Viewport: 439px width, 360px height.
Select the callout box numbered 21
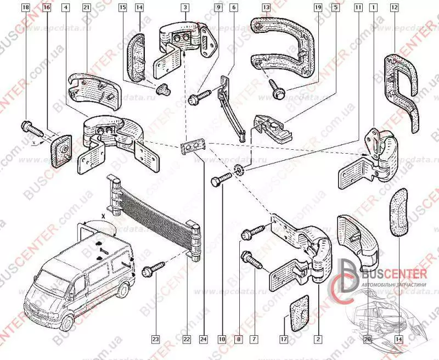(x=86, y=8)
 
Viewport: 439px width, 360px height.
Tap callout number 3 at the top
(x=187, y=8)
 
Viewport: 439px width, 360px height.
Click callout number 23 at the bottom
(x=155, y=340)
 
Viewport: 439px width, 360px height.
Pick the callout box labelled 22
(x=187, y=340)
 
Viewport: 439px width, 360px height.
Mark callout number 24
(x=205, y=340)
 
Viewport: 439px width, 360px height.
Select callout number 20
(x=368, y=340)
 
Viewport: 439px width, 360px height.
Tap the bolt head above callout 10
(x=217, y=181)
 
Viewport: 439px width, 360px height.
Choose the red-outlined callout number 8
(x=238, y=340)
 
